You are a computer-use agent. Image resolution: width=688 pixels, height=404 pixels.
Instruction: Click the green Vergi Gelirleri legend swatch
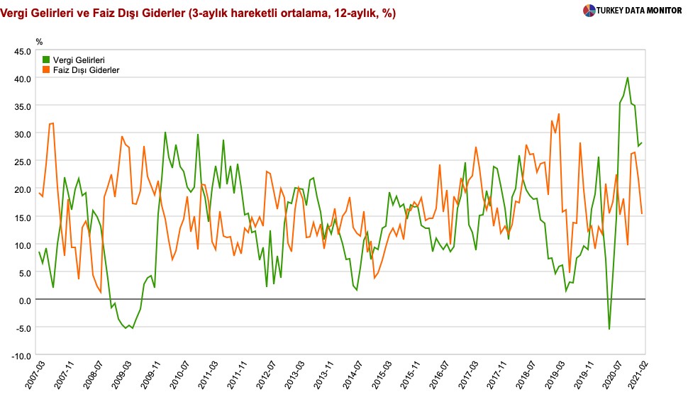[47, 60]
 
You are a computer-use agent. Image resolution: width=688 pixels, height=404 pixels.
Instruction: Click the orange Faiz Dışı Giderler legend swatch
[47, 70]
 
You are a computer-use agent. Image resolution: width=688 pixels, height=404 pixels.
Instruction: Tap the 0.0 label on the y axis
[24, 300]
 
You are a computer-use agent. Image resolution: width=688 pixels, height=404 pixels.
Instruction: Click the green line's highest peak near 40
[628, 78]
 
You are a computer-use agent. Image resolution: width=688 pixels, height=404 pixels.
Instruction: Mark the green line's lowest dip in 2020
[609, 329]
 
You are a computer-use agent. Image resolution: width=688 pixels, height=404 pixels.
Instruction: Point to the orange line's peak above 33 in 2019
[559, 114]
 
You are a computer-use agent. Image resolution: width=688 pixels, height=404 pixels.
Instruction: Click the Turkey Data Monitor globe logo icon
[589, 11]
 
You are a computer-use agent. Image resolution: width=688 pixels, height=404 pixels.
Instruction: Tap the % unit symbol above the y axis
[40, 43]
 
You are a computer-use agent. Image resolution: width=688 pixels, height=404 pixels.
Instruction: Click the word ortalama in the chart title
[304, 12]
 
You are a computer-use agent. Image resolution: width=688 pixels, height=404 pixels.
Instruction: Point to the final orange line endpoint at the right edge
[642, 213]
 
